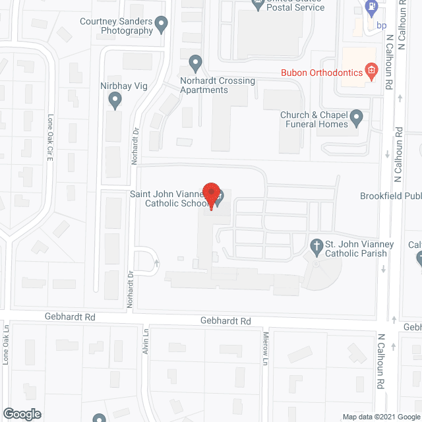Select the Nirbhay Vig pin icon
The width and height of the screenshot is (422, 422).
tap(115, 101)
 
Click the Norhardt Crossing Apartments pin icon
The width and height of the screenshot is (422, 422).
tap(195, 63)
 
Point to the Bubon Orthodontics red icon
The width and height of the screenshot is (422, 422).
tap(371, 71)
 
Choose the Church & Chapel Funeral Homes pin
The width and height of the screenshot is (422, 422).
tap(357, 119)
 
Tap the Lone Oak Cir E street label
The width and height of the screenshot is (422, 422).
tap(49, 138)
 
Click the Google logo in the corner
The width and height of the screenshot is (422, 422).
tap(21, 414)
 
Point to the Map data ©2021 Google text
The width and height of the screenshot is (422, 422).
tap(380, 416)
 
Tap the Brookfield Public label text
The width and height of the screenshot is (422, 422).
tap(390, 196)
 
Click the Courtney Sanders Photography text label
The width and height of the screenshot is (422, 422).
tap(117, 26)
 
